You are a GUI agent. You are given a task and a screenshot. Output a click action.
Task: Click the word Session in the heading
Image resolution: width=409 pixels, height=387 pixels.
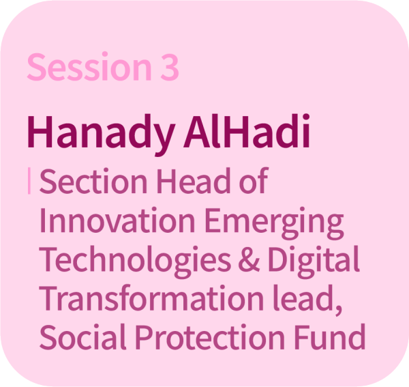click(89, 66)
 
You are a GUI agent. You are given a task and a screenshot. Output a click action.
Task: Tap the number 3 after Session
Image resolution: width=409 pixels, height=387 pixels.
click(170, 67)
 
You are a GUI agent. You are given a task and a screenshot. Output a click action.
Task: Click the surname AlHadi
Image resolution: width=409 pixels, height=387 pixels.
click(247, 131)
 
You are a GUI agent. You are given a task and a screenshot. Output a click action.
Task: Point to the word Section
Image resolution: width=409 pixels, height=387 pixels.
click(93, 181)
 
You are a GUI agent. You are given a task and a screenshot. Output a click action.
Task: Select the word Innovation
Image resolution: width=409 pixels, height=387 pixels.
click(117, 220)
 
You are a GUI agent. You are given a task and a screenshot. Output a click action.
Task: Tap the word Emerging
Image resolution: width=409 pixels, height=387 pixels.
click(275, 223)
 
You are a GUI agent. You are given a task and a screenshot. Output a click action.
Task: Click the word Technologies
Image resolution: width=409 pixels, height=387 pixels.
click(135, 262)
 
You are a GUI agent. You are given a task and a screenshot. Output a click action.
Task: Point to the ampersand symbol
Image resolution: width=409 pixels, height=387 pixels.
click(249, 259)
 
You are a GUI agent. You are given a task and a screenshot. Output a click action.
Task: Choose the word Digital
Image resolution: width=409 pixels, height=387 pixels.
click(314, 262)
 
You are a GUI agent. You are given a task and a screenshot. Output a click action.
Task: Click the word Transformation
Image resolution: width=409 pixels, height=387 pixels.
click(151, 298)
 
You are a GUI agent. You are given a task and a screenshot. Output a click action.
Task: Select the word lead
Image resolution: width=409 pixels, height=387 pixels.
click(303, 298)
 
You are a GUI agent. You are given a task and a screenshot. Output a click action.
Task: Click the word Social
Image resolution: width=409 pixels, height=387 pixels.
click(83, 336)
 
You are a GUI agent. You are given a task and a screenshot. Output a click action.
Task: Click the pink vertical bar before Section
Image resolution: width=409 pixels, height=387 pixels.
click(29, 181)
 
